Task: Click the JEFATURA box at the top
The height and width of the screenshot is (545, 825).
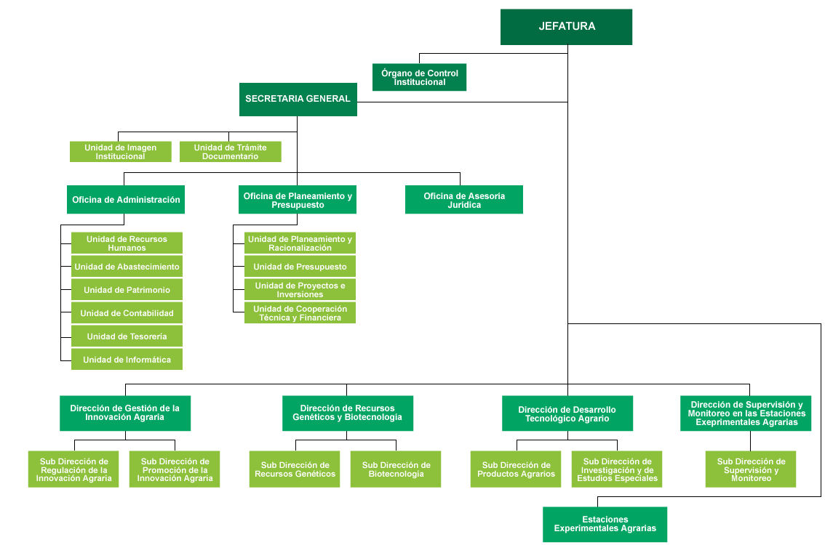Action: [x=566, y=27]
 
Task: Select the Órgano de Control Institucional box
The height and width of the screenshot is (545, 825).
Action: [x=419, y=78]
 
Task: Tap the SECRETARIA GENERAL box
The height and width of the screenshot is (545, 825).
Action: [x=298, y=99]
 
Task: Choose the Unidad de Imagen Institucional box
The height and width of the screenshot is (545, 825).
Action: [x=120, y=152]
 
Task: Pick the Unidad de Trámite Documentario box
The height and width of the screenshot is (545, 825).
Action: [x=230, y=152]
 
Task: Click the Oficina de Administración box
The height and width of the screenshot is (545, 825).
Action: [x=126, y=200]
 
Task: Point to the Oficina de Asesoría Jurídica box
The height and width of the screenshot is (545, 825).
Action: [x=464, y=200]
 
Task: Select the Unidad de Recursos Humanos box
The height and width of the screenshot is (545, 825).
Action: [x=127, y=243]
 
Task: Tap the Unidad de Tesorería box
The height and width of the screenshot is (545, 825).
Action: [x=127, y=336]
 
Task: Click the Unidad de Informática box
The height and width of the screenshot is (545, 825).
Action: [x=127, y=360]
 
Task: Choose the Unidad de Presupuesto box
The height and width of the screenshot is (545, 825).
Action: [x=300, y=267]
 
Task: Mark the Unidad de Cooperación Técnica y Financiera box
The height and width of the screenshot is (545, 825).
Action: [x=300, y=313]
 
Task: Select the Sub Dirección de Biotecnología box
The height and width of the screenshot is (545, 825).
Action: [x=396, y=469]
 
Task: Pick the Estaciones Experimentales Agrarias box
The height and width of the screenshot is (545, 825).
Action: [x=605, y=524]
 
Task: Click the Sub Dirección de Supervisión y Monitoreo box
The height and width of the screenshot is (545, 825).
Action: [x=751, y=469]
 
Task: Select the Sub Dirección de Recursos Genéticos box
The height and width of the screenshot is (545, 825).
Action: [x=295, y=469]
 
